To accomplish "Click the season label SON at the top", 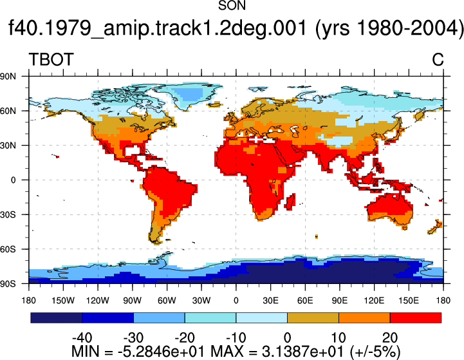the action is (x=232, y=6).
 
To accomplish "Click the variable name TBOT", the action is (x=51, y=59).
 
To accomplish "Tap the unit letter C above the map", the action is (x=438, y=59).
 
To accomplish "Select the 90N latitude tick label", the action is (x=8, y=77).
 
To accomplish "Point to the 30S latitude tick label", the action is (x=8, y=214).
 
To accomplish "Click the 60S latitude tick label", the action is (x=8, y=249).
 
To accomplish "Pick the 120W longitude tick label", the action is (x=98, y=301).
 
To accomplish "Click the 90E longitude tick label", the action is (x=339, y=301).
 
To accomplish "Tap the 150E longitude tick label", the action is (x=409, y=301).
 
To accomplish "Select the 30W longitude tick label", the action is (x=201, y=301).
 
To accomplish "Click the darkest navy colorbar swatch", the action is (x=56, y=317).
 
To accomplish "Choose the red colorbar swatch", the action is (x=416, y=317).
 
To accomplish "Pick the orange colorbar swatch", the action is (x=364, y=317).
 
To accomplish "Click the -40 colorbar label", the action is (x=82, y=338).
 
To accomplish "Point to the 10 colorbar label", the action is (x=339, y=338).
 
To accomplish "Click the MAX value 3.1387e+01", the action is (x=302, y=352).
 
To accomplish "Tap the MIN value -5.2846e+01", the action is (x=162, y=352).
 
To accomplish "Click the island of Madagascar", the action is (x=290, y=202).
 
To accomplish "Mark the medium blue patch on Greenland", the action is (x=188, y=93).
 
